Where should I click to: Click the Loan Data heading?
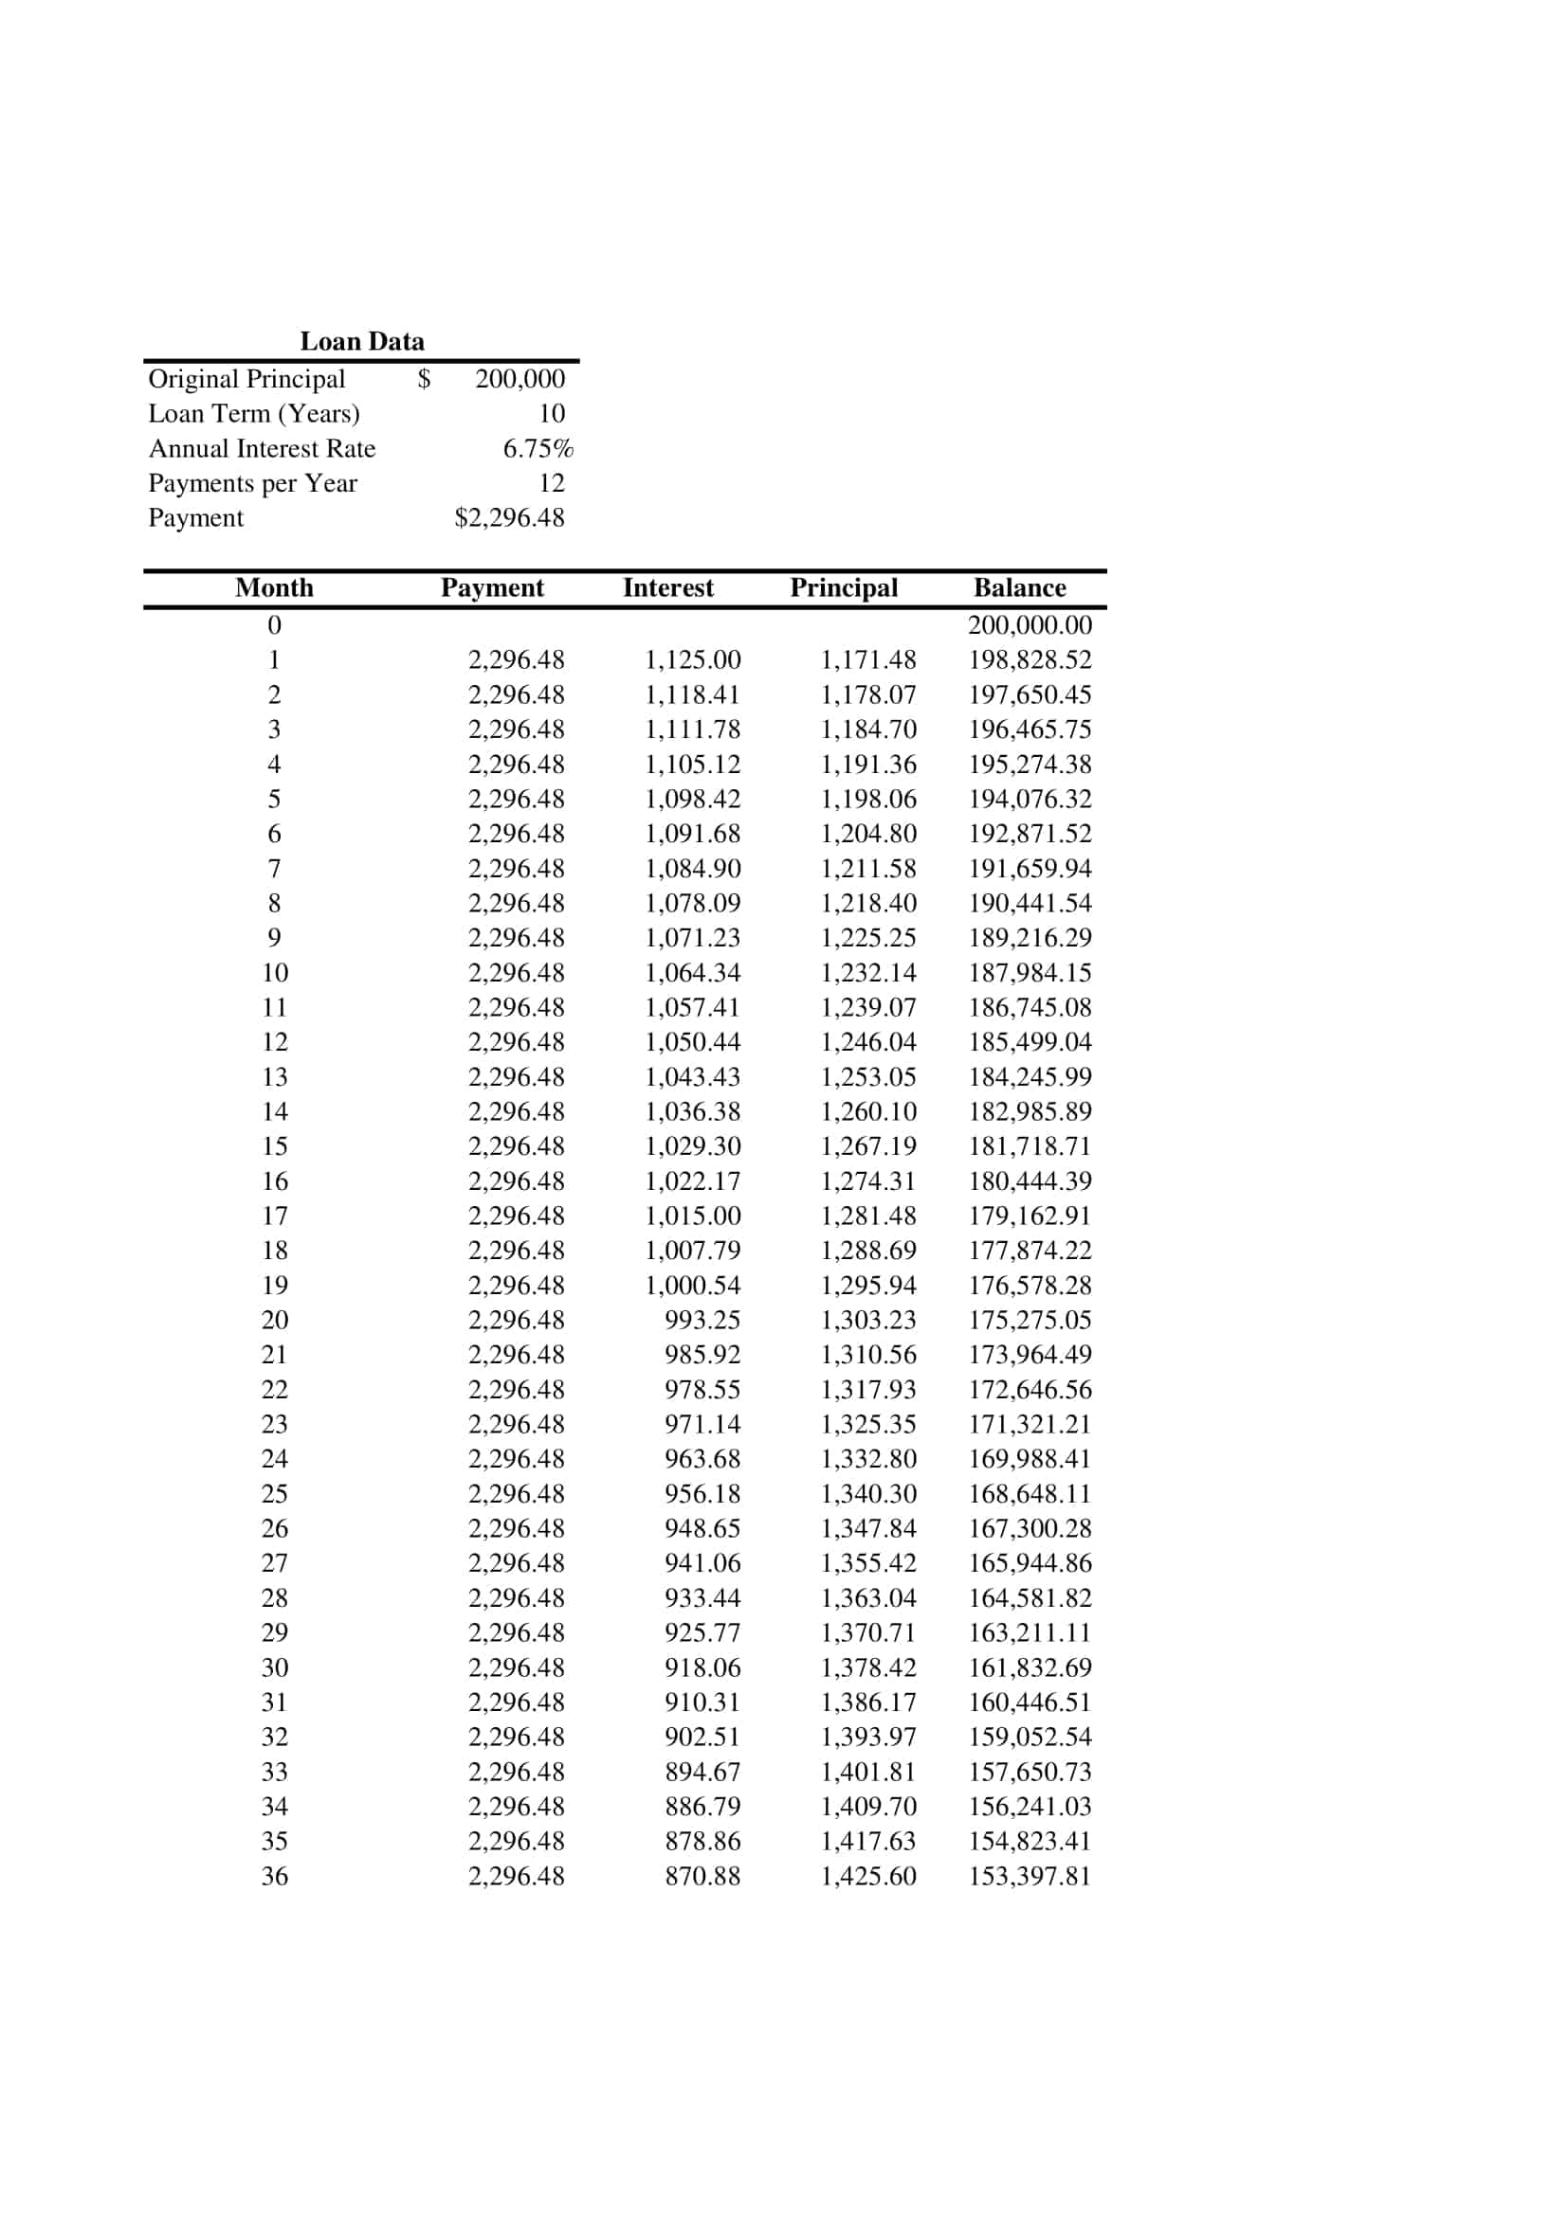[362, 342]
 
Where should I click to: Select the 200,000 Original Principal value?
[520, 378]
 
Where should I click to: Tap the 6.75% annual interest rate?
[538, 449]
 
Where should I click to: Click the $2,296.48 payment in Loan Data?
[509, 518]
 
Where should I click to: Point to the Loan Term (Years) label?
[254, 414]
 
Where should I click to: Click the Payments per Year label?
[253, 483]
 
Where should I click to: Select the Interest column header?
[668, 587]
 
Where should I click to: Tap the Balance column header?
[1020, 587]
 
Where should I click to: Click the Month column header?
[274, 587]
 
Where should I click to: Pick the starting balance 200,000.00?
[1030, 625]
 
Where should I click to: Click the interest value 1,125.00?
[692, 660]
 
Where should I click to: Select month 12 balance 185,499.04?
[1030, 1042]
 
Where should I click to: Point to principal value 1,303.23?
[868, 1321]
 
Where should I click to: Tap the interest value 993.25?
[702, 1321]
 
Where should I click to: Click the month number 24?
[274, 1459]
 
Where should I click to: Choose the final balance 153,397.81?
[1030, 1876]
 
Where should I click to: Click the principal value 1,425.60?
[868, 1876]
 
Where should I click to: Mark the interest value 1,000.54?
[692, 1286]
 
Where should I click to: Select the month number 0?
[274, 625]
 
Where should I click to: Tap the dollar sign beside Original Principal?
[424, 378]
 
